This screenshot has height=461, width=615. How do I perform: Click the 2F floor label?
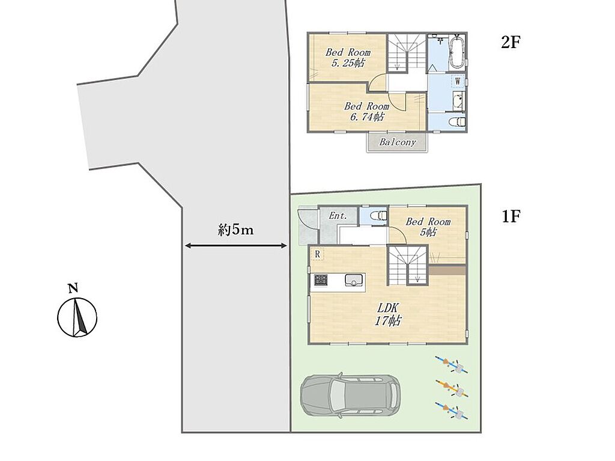510,42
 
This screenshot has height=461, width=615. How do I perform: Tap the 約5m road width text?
235,230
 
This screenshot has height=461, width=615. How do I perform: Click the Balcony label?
398,142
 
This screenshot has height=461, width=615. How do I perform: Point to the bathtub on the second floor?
456,53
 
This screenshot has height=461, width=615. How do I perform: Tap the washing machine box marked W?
457,82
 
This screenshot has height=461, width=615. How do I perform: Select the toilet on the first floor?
380,216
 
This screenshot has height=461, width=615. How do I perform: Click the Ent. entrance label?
338,215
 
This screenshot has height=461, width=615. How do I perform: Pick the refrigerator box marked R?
317,254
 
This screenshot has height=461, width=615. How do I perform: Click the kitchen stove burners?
320,280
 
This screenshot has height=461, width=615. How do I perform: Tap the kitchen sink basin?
354,280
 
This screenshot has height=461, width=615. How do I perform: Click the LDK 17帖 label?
388,314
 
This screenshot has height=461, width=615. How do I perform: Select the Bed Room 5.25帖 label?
348,57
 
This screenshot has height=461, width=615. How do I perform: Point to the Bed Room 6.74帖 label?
366,111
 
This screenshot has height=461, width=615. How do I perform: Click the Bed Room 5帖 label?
428,227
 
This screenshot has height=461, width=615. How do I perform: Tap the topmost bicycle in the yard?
452,364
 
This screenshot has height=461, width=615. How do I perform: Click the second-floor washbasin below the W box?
458,102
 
